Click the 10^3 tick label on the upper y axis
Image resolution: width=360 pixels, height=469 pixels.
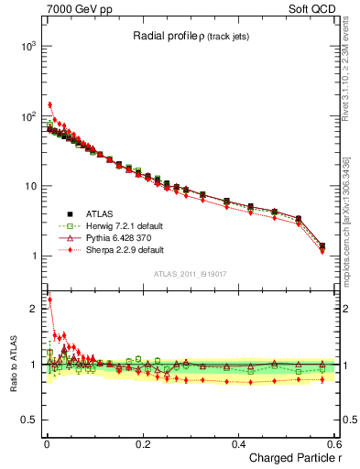[x=28, y=46]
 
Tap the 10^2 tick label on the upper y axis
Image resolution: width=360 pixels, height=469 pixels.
[x=28, y=116]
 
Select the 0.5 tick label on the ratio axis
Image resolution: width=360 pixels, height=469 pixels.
[x=30, y=420]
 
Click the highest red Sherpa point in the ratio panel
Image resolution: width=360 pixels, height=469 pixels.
[x=49, y=300]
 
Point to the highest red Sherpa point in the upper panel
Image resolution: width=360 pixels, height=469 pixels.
[x=49, y=104]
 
